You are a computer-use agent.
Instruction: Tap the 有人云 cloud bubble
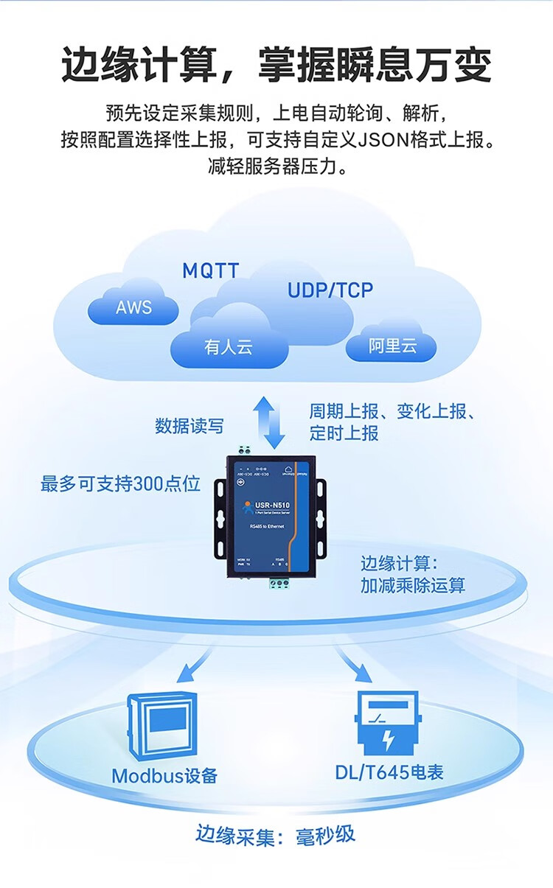pyautogui.click(x=229, y=346)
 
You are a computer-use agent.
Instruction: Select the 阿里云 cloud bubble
pyautogui.click(x=392, y=346)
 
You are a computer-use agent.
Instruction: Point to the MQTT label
pyautogui.click(x=211, y=270)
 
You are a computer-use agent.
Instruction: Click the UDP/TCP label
pyautogui.click(x=330, y=290)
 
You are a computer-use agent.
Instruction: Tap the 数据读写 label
pyautogui.click(x=189, y=426)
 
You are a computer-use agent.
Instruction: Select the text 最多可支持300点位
pyautogui.click(x=120, y=484)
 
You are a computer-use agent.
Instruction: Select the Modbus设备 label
pyautogui.click(x=164, y=775)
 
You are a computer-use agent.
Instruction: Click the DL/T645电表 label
pyautogui.click(x=389, y=772)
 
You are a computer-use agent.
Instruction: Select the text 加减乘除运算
pyautogui.click(x=413, y=587)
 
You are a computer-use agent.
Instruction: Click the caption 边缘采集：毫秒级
pyautogui.click(x=276, y=835)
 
